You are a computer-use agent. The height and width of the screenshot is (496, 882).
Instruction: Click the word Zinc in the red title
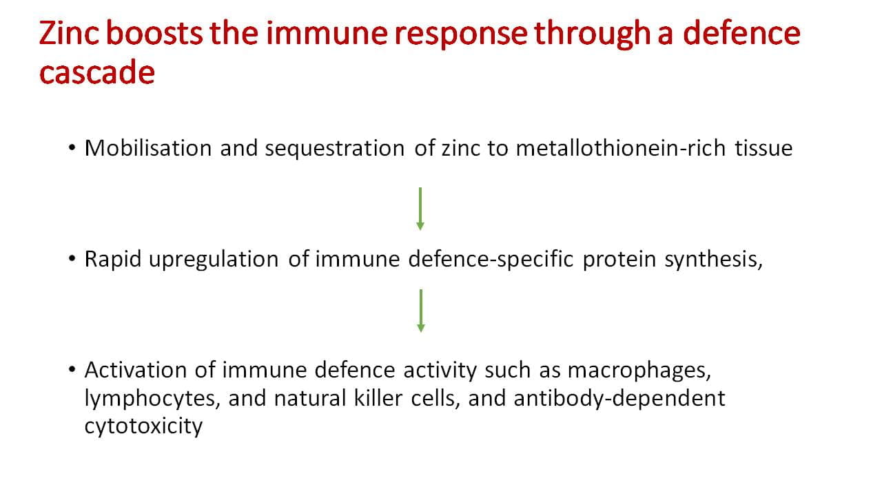[68, 33]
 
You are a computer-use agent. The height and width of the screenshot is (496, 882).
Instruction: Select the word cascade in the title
[97, 72]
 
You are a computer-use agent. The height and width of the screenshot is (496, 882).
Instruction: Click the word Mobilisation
[148, 148]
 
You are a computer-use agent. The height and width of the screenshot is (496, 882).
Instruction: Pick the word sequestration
[335, 149]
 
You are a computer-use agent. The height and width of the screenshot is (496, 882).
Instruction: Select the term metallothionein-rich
[621, 148]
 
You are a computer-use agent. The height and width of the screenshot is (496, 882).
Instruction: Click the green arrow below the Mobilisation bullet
[420, 209]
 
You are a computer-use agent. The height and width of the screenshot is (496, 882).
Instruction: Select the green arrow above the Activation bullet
[420, 311]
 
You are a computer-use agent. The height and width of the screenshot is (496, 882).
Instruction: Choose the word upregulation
[214, 260]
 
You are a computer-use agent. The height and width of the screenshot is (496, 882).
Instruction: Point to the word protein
[619, 260]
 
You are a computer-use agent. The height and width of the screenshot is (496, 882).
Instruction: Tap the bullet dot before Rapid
[72, 258]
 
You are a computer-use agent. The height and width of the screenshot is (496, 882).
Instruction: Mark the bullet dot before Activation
[72, 370]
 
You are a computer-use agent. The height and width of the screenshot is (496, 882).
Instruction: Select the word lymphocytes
[150, 399]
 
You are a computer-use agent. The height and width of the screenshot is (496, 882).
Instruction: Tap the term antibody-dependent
[619, 399]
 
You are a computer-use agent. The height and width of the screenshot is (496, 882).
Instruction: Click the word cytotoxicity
[143, 426]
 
